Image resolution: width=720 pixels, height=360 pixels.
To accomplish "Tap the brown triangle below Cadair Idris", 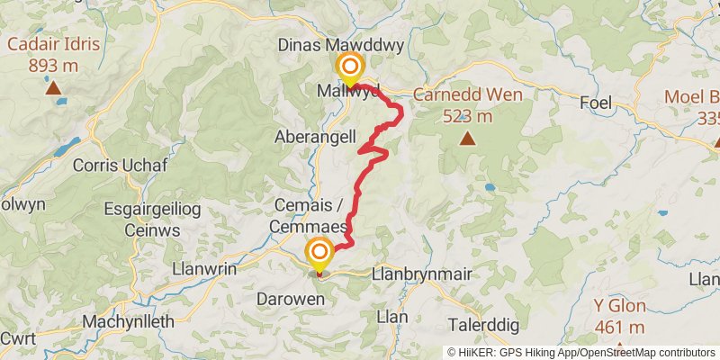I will pos(52,87).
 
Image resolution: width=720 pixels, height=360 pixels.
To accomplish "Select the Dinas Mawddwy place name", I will pos(352,45).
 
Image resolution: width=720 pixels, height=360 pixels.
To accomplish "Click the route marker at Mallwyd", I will pos(349,67).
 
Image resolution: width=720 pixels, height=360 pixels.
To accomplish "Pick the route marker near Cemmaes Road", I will pos(319,253).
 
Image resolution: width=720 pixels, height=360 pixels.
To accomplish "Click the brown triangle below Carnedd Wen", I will pos(467,138).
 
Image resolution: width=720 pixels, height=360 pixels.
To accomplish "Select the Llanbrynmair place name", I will pos(421,274).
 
